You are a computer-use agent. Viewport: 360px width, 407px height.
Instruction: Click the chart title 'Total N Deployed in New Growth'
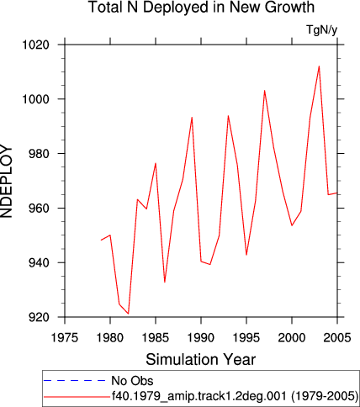[201, 7]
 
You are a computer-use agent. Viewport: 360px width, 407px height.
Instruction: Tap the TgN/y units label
[321, 29]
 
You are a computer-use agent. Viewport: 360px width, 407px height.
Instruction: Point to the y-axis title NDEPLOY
[6, 181]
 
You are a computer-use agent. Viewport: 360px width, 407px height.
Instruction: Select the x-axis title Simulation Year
[201, 359]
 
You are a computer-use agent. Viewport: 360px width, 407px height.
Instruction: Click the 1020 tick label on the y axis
[35, 45]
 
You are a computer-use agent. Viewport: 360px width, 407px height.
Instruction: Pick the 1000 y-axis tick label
[35, 99]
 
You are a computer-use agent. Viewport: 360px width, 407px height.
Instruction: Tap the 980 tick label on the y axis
[39, 154]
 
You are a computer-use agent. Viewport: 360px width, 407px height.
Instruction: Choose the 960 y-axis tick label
[39, 209]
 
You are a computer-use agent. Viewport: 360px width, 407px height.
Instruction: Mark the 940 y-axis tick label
[39, 262]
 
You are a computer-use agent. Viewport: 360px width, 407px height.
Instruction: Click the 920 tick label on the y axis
[39, 317]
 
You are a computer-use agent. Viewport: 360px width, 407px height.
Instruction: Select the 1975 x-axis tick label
[65, 338]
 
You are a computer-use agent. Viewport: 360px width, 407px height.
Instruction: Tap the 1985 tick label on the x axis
[156, 338]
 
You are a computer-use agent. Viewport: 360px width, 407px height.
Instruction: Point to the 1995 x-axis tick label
[246, 338]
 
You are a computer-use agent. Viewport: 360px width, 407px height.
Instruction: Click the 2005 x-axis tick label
[337, 338]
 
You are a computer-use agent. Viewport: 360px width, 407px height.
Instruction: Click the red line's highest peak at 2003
[319, 66]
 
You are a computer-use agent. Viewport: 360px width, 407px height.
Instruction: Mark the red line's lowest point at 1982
[129, 314]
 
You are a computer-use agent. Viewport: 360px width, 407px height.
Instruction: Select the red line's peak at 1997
[264, 91]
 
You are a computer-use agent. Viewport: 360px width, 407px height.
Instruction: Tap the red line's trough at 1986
[165, 282]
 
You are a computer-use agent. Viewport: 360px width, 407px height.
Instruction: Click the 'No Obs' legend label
[132, 381]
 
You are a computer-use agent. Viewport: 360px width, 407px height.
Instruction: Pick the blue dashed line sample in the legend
[74, 381]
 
